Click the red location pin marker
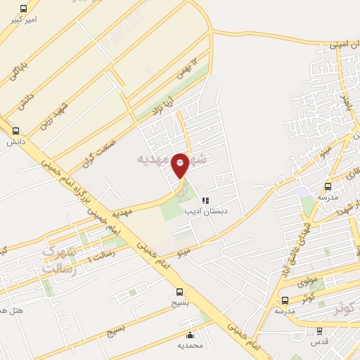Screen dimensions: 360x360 coord(180,165)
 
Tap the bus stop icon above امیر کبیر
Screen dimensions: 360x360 coord(24,9)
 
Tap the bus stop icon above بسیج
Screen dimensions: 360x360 coord(180,292)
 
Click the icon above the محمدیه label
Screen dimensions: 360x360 coord(191,334)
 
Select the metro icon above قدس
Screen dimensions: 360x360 coord(320,331)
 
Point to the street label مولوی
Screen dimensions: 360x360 coord(308,281)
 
